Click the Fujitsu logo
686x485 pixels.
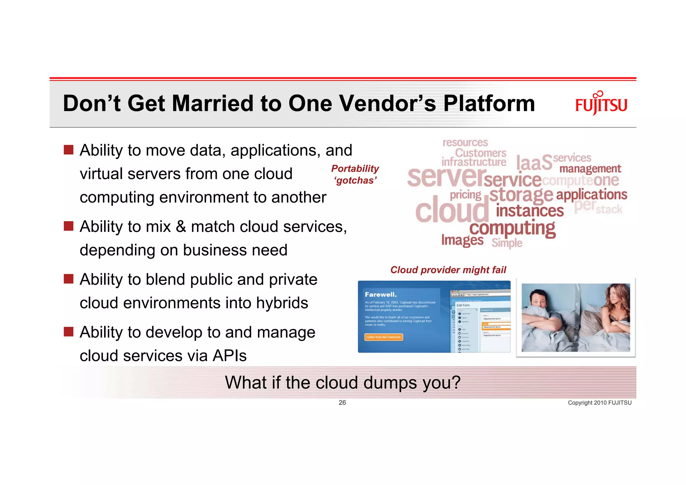(x=601, y=104)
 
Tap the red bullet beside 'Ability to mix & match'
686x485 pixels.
(x=69, y=226)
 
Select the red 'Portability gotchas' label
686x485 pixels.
(x=355, y=174)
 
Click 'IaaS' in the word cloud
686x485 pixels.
(x=534, y=163)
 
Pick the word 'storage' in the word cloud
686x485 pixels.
(x=521, y=195)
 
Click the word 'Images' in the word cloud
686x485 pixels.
(x=462, y=240)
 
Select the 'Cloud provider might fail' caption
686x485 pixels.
(x=448, y=270)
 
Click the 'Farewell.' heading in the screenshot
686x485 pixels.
(x=381, y=295)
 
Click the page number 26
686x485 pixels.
(x=342, y=403)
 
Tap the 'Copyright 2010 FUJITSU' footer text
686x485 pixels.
(x=599, y=403)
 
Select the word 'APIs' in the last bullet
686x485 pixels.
(x=229, y=356)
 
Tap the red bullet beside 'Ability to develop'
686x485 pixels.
(x=69, y=332)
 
